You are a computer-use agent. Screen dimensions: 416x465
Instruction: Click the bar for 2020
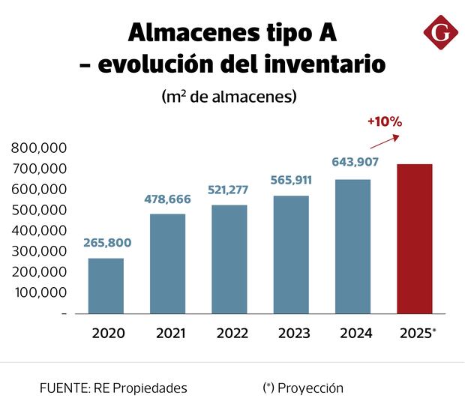[106, 286]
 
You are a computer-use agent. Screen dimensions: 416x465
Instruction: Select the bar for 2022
[229, 259]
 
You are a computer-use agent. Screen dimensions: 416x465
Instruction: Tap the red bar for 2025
[414, 238]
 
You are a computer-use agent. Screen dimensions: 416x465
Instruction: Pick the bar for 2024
[352, 246]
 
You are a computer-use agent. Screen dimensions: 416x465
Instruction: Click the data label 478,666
[167, 199]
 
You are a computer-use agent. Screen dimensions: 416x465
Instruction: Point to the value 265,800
[106, 244]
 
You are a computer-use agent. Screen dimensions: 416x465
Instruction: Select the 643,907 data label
[352, 163]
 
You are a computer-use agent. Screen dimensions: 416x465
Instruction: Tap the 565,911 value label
[290, 180]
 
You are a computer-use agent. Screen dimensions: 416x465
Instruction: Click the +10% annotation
[385, 121]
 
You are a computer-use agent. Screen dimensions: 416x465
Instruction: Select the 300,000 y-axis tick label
[40, 251]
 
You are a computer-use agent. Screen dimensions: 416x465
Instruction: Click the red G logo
[439, 33]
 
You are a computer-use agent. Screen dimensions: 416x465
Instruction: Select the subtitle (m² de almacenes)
[229, 97]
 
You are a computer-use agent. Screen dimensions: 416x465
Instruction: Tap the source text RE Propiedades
[140, 388]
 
